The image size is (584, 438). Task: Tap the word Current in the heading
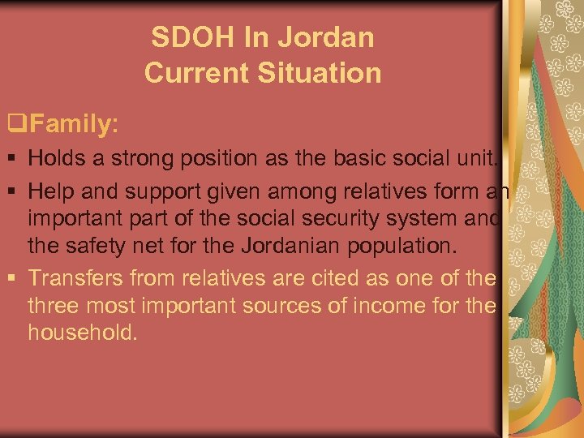pyautogui.click(x=196, y=73)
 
